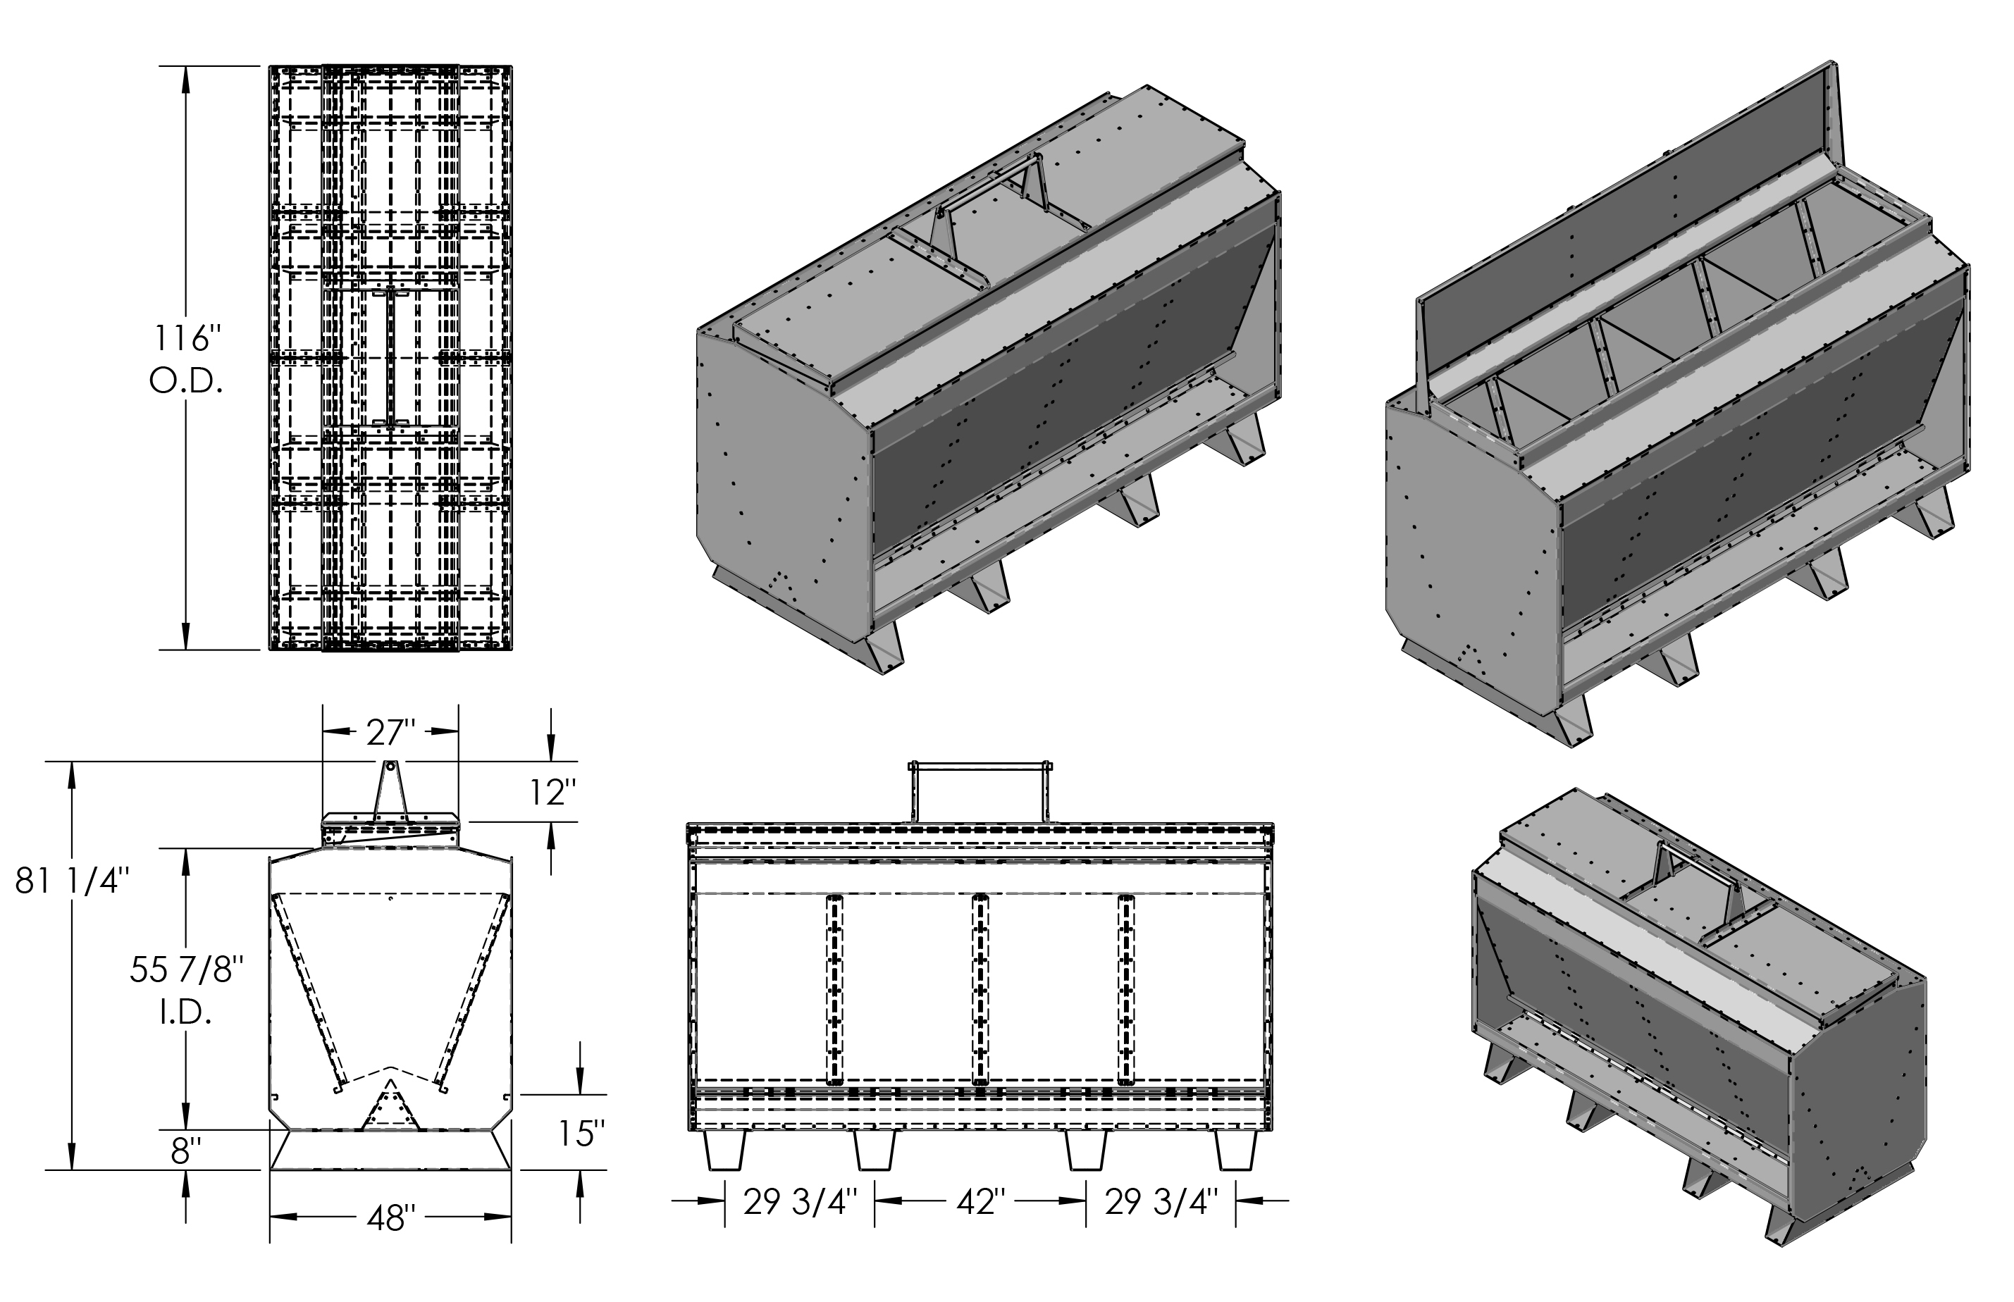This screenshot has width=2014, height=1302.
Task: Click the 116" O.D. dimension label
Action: tap(186, 360)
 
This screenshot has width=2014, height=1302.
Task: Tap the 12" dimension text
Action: tap(553, 793)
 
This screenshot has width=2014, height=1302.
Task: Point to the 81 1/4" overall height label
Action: tap(72, 882)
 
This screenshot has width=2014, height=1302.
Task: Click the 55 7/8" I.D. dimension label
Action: tap(187, 990)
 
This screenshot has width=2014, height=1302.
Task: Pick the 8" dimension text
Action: tap(185, 1151)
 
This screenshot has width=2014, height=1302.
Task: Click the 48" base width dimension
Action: tap(390, 1218)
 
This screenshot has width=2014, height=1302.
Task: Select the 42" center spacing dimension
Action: tap(979, 1201)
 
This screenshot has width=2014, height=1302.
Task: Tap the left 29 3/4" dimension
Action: tap(800, 1201)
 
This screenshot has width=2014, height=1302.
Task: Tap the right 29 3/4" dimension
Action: tap(1161, 1201)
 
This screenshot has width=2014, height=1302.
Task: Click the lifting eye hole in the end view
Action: tap(390, 767)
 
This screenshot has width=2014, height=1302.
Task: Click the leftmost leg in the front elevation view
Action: tap(724, 1150)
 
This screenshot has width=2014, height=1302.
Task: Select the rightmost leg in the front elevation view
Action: tap(1235, 1150)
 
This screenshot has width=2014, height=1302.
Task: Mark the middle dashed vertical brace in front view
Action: tap(980, 988)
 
